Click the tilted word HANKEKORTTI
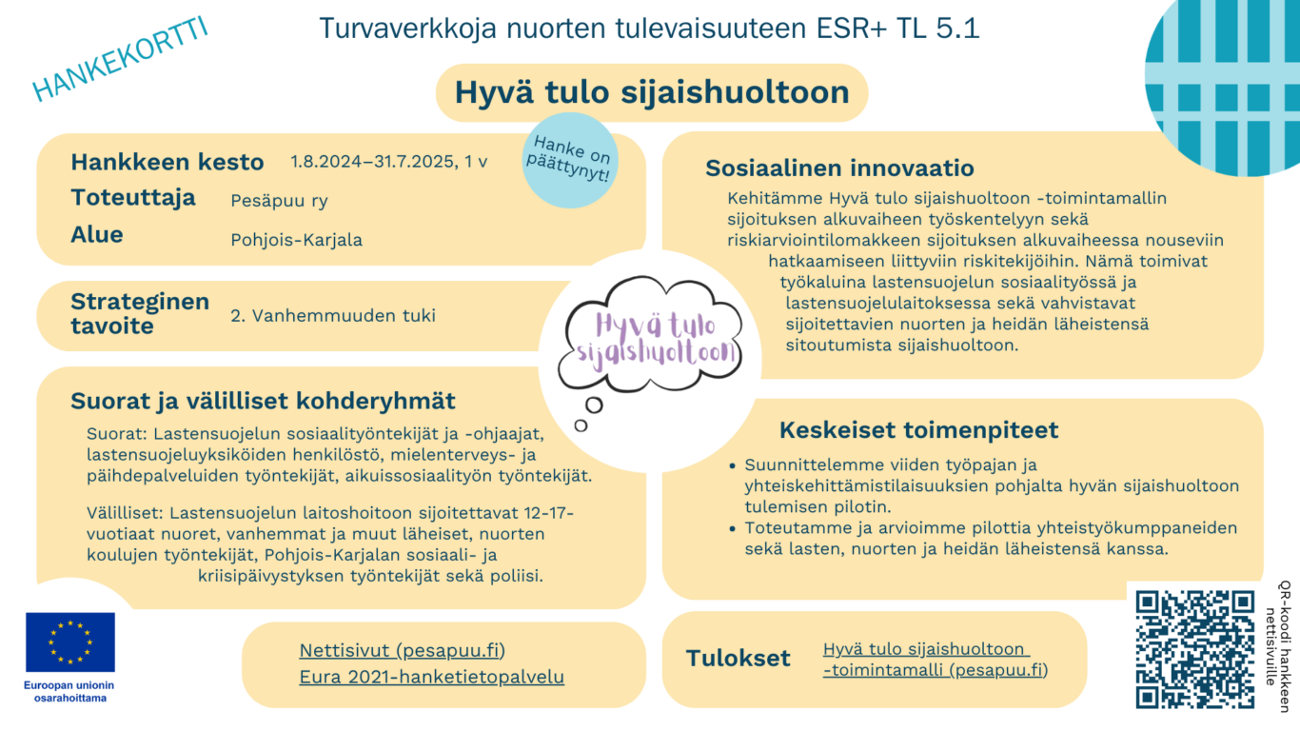click(120, 58)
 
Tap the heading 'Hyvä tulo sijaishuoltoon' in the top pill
click(652, 92)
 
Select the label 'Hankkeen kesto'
click(167, 162)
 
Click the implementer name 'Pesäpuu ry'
click(279, 201)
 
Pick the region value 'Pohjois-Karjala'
click(296, 239)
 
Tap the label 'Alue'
click(97, 235)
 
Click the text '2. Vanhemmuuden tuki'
click(332, 315)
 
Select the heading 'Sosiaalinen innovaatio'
click(839, 168)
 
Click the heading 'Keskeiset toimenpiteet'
click(918, 430)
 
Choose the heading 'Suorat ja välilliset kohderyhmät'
click(263, 401)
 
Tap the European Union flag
click(70, 642)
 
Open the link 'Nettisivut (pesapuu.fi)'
click(402, 651)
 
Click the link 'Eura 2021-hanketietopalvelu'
click(431, 678)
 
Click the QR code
click(1195, 649)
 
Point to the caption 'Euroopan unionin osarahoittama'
click(69, 691)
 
